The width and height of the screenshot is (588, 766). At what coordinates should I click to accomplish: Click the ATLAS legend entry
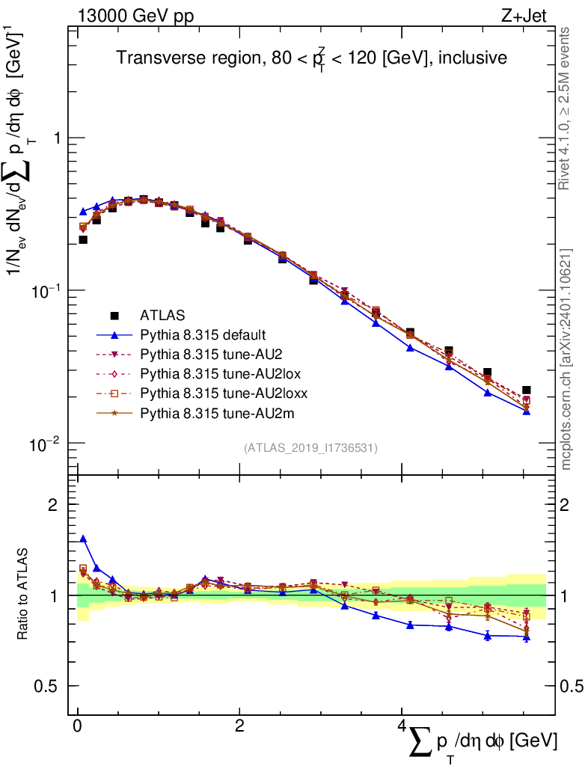(x=161, y=315)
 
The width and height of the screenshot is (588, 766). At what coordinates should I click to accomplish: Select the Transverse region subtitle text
(x=312, y=58)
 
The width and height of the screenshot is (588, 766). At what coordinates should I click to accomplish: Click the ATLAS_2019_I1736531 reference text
(x=310, y=448)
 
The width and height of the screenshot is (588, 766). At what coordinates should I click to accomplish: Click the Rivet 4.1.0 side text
(x=566, y=108)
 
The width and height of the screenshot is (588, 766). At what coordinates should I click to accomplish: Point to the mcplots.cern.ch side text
(x=566, y=359)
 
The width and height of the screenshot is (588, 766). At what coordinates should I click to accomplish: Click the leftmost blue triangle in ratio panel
(x=83, y=539)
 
